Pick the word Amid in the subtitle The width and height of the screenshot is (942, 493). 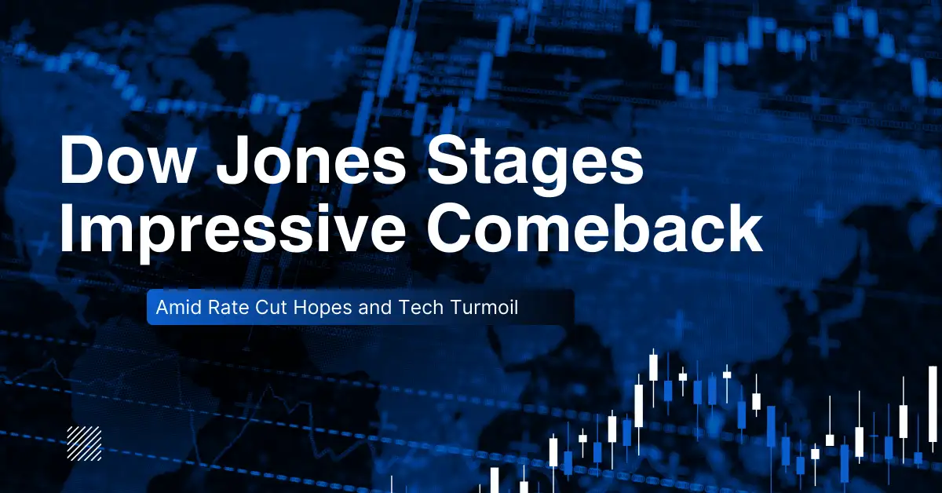[174, 308]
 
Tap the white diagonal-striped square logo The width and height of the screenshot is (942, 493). [84, 443]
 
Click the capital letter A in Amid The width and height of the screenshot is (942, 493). [162, 308]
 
